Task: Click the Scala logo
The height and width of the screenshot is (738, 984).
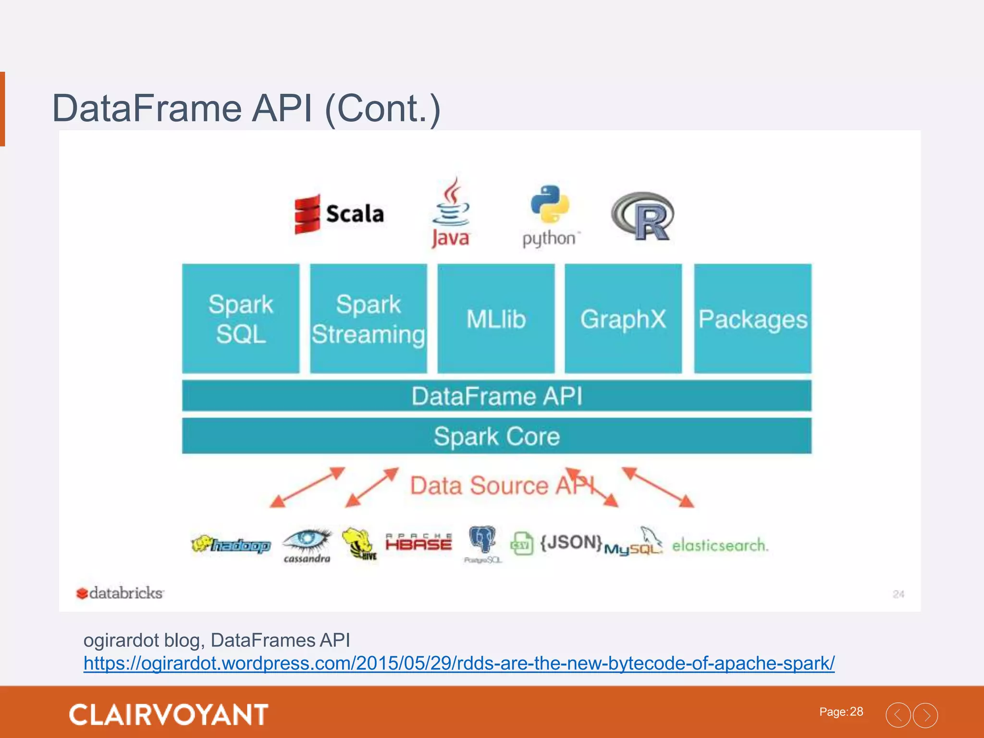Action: click(339, 214)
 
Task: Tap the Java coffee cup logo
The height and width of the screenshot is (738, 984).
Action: click(450, 212)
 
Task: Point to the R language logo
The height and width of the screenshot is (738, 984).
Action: click(643, 216)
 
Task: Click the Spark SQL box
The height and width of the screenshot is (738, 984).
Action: click(241, 319)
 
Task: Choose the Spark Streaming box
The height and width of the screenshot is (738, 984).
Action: click(369, 319)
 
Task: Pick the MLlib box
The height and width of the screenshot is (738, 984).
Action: click(496, 319)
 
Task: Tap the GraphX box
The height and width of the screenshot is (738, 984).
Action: click(623, 319)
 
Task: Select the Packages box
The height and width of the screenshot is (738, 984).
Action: click(753, 319)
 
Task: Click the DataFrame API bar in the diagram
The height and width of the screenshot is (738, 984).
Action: click(497, 396)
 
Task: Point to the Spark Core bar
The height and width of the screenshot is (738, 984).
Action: click(497, 436)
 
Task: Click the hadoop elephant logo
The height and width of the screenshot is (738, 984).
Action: click(231, 545)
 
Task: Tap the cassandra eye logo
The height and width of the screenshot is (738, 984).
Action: click(307, 545)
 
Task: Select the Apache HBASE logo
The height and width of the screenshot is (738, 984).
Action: click(418, 542)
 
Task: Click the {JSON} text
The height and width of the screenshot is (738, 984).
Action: click(571, 542)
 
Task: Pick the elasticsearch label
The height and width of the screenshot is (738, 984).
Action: click(720, 545)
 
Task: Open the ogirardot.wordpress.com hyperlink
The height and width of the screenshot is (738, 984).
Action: click(459, 664)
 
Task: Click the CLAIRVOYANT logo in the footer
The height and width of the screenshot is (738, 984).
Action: click(169, 714)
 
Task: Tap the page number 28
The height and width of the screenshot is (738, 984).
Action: click(856, 712)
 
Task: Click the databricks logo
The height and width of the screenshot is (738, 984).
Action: click(120, 593)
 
